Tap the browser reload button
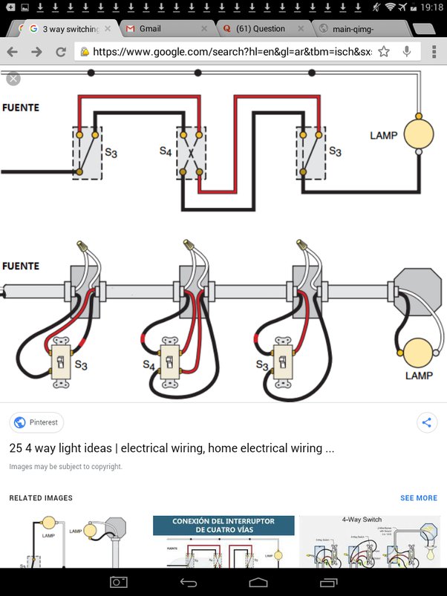(x=61, y=52)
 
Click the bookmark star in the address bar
(x=383, y=52)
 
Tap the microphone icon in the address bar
(x=407, y=52)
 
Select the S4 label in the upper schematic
(x=166, y=151)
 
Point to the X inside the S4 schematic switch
(x=190, y=154)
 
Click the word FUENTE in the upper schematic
(x=21, y=108)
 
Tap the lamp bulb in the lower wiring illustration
(x=419, y=354)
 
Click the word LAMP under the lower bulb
(x=419, y=376)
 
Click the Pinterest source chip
(x=36, y=422)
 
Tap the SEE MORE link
(x=419, y=498)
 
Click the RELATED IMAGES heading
(x=41, y=498)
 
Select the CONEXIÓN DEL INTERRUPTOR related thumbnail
(x=223, y=541)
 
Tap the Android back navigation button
(x=189, y=582)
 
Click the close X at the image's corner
(x=13, y=79)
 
